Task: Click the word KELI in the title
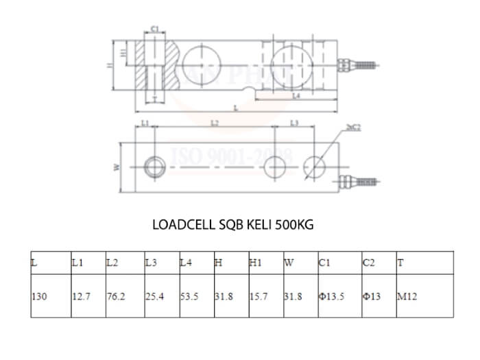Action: tap(259, 224)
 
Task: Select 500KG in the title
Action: tap(294, 224)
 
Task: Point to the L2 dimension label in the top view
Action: tap(214, 123)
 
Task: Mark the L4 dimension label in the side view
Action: tap(296, 97)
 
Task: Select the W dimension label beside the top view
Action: tap(117, 167)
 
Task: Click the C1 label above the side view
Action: tap(155, 29)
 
